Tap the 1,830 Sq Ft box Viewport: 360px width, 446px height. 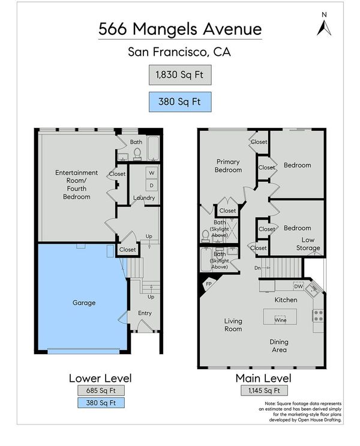tap(180, 75)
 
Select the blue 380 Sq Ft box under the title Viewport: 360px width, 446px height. tap(180, 102)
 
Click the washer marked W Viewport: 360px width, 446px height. tap(152, 173)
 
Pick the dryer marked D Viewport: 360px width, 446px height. tap(152, 185)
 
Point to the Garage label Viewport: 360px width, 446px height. tap(84, 303)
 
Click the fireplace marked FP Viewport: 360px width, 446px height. tap(208, 285)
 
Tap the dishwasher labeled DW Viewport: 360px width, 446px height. tap(299, 286)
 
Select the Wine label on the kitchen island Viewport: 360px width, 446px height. tap(280, 320)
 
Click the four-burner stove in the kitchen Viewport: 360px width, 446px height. tap(318, 316)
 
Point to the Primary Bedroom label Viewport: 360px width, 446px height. tap(229, 166)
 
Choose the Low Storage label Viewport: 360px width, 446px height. tap(308, 244)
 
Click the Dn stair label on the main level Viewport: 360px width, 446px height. tap(257, 268)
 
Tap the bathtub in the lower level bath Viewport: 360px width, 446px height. tap(154, 148)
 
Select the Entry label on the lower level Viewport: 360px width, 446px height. tap(145, 313)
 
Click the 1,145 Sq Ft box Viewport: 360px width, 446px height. tap(264, 391)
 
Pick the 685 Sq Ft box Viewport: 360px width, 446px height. tap(101, 391)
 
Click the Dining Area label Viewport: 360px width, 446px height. tap(279, 346)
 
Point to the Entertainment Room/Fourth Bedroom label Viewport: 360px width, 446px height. tap(76, 185)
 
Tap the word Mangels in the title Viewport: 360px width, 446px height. tap(165, 29)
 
